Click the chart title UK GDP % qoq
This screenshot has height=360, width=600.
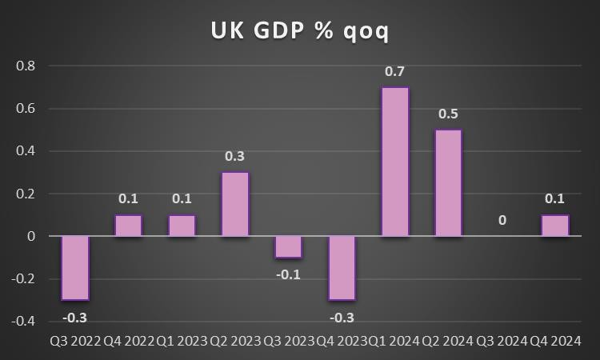pyautogui.click(x=300, y=30)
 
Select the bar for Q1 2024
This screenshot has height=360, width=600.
pyautogui.click(x=395, y=162)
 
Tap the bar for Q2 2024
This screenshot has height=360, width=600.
pyautogui.click(x=449, y=183)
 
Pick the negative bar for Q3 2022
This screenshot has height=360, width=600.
pyautogui.click(x=75, y=268)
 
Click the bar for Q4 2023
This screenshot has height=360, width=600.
pyautogui.click(x=342, y=268)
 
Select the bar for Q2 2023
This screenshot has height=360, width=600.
pyautogui.click(x=235, y=204)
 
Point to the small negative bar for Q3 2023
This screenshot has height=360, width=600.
pyautogui.click(x=289, y=247)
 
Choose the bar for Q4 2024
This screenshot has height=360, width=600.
pyautogui.click(x=555, y=226)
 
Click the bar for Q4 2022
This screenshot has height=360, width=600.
pyautogui.click(x=129, y=226)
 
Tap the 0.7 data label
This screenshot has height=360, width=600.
pyautogui.click(x=395, y=72)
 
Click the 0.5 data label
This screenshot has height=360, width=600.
pyautogui.click(x=449, y=114)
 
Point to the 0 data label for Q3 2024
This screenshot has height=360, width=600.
pyautogui.click(x=502, y=220)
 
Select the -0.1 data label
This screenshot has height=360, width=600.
pyautogui.click(x=289, y=274)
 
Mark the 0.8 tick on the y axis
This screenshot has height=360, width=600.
pyautogui.click(x=26, y=66)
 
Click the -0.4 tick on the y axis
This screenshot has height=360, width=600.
pyautogui.click(x=24, y=322)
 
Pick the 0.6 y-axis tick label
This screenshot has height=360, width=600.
pyautogui.click(x=26, y=108)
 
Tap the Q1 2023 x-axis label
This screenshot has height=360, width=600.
pyautogui.click(x=182, y=342)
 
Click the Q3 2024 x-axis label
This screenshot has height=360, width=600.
pyautogui.click(x=502, y=342)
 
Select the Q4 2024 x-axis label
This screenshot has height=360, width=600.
pyautogui.click(x=556, y=342)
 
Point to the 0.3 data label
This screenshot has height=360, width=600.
pyautogui.click(x=235, y=157)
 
